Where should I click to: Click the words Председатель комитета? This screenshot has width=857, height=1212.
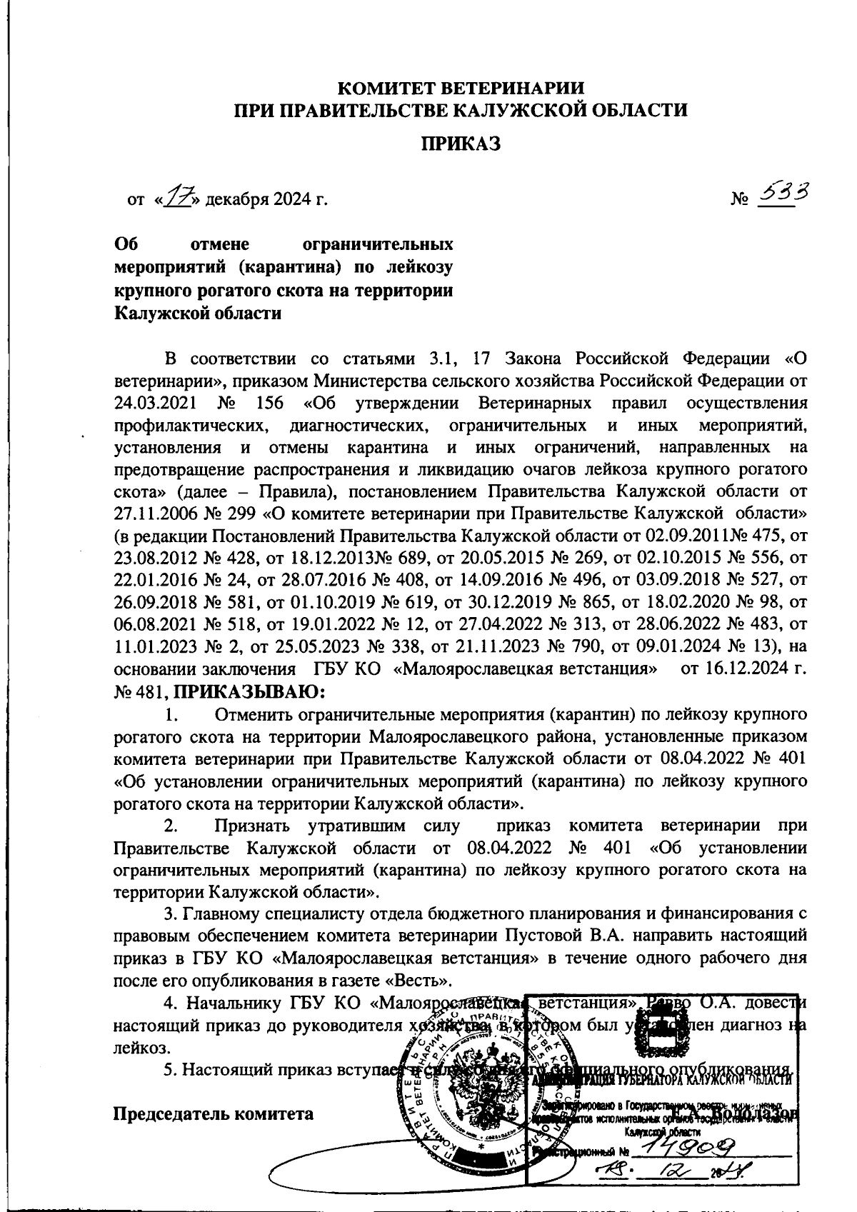(214, 1113)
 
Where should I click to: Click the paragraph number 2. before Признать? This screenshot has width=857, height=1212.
(171, 826)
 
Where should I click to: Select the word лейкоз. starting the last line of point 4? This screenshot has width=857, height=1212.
(142, 1048)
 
